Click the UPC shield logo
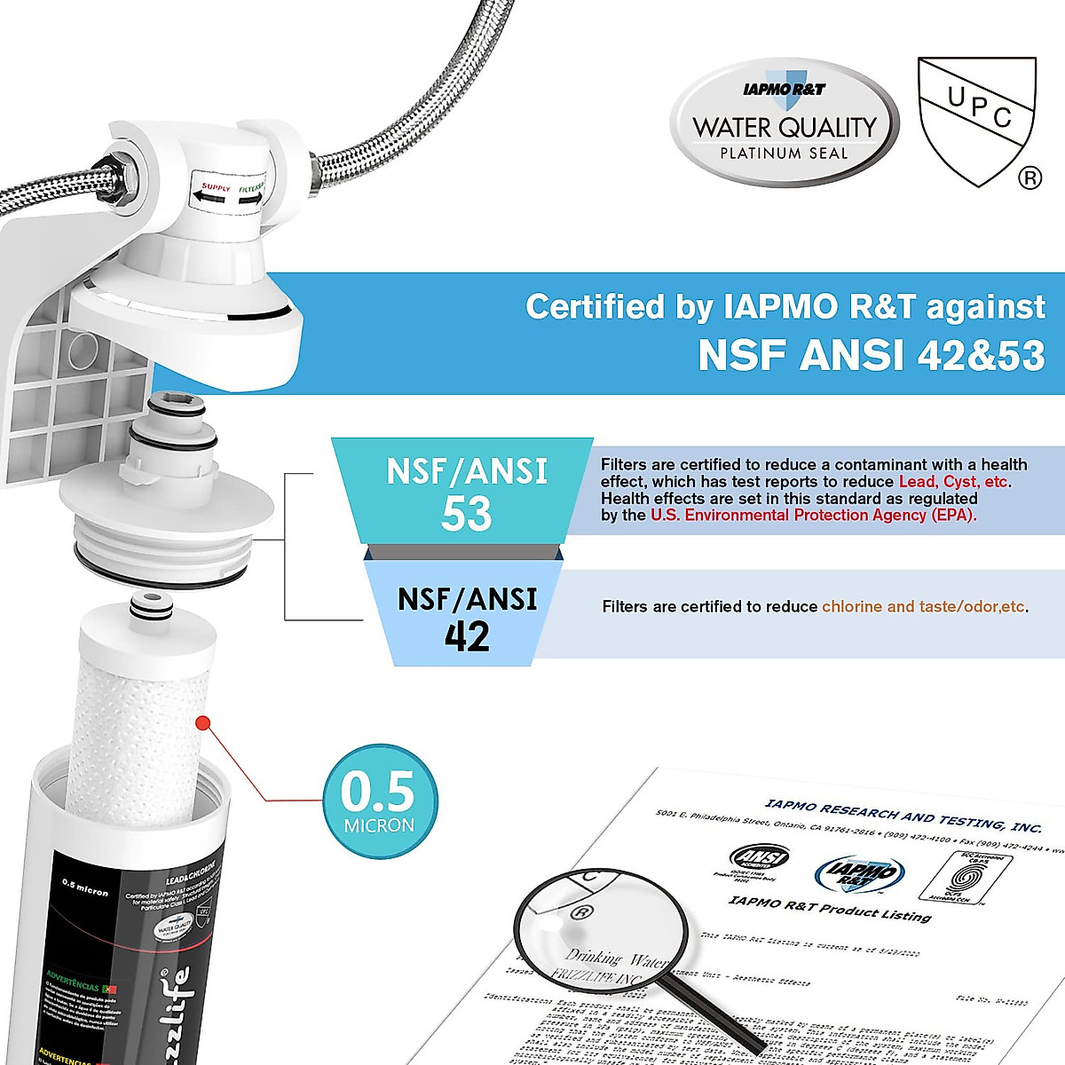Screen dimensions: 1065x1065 976,120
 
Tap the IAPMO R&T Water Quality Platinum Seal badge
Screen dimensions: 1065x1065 785,123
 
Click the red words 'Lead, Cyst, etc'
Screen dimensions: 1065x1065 954,482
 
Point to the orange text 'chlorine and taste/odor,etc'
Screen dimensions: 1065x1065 923,607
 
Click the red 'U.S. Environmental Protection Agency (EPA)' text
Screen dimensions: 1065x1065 812,516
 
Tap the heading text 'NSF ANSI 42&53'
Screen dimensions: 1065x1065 871,355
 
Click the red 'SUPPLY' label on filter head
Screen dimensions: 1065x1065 216,188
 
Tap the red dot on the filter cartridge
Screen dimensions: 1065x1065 202,723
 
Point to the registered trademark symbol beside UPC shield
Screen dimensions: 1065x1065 1029,178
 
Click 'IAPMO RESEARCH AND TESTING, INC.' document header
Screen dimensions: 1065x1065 903,815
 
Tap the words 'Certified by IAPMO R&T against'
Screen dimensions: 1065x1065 785,307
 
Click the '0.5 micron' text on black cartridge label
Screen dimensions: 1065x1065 85,887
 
